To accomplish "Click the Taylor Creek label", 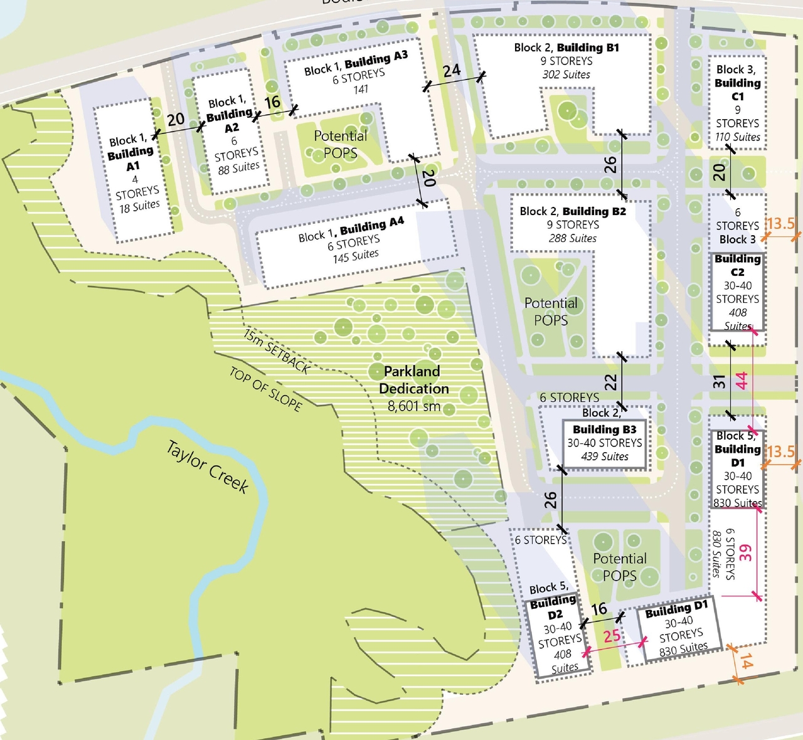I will [208, 467].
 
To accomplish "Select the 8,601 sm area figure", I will [413, 406].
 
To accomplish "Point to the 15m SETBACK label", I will [277, 351].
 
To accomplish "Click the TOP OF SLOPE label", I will [265, 389].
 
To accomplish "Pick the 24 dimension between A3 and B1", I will [452, 71].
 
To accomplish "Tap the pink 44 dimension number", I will [742, 381].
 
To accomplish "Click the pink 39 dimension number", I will [745, 552].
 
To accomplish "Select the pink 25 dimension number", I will [612, 637].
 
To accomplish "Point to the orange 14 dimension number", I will [746, 661].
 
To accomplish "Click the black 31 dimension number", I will [720, 381].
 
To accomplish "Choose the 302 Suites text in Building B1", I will [566, 75].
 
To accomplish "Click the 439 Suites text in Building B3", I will [605, 457].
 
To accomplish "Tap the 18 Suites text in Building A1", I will [139, 206].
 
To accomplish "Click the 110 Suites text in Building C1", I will [738, 137].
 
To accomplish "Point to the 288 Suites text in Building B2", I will [572, 238].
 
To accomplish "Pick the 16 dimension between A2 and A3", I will [272, 102].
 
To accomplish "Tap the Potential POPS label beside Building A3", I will [340, 144].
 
